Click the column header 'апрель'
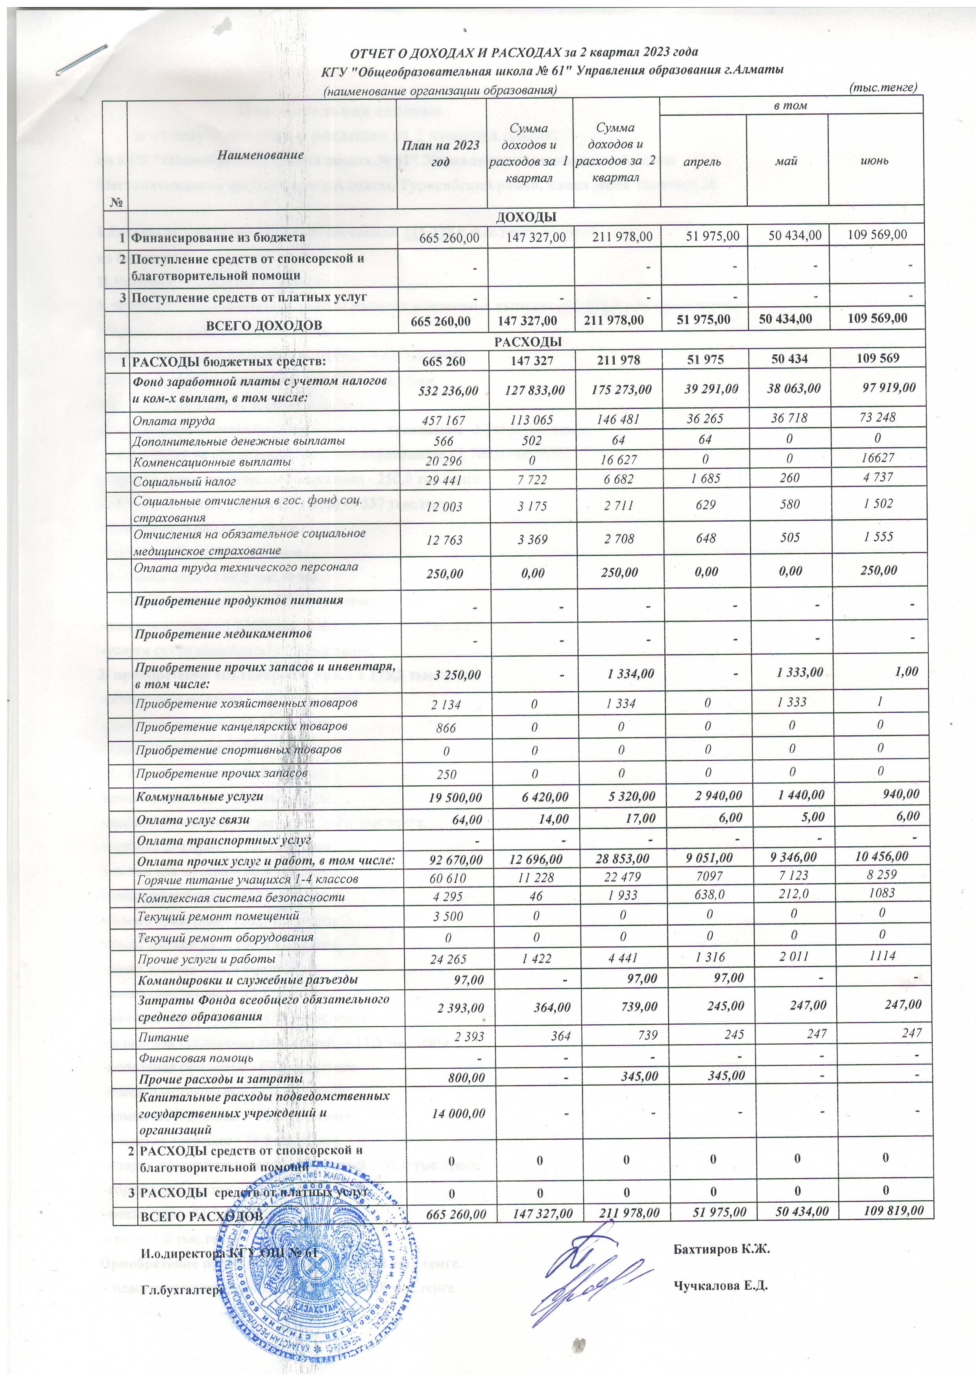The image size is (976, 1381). click(x=703, y=161)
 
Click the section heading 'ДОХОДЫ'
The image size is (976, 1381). click(x=525, y=217)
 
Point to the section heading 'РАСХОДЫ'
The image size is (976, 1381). click(x=525, y=342)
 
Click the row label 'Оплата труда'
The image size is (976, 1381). click(x=174, y=421)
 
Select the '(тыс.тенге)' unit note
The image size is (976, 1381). click(x=882, y=88)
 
